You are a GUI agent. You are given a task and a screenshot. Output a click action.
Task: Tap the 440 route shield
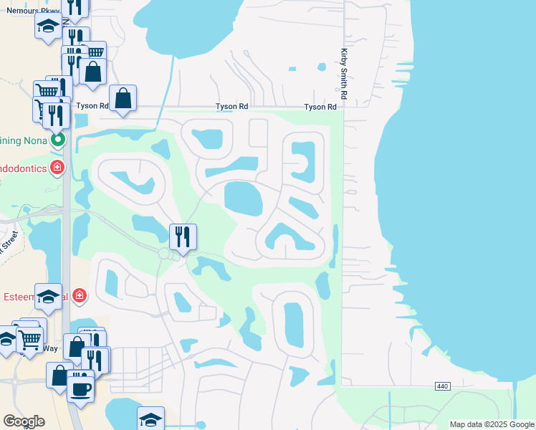(442, 386)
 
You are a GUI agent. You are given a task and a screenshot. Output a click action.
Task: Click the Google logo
(24, 421)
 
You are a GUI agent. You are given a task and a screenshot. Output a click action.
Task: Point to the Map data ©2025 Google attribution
(492, 424)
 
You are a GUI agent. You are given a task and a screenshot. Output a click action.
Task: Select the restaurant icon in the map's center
(183, 236)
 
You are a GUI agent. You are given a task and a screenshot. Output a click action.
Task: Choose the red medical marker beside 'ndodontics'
(57, 168)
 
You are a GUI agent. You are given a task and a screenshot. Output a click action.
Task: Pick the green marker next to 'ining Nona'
(59, 139)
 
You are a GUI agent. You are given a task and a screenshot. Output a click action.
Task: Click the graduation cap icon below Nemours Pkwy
(48, 27)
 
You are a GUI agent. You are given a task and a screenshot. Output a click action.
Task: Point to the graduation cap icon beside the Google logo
(150, 418)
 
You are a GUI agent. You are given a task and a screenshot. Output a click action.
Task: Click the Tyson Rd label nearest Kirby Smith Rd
(320, 107)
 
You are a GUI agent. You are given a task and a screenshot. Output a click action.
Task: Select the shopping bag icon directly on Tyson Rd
(123, 97)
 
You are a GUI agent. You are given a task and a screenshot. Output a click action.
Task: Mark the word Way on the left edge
(49, 348)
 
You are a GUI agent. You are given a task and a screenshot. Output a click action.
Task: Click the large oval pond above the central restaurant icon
(243, 198)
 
